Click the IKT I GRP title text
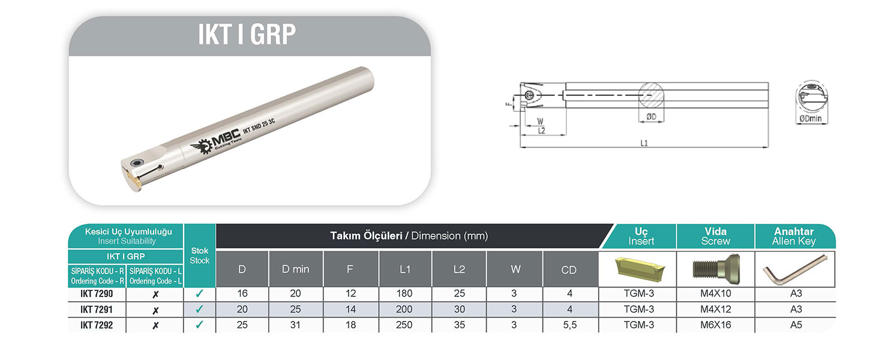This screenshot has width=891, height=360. tap(247, 35)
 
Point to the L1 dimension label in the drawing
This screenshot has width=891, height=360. tap(644, 143)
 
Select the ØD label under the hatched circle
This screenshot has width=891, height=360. tap(651, 116)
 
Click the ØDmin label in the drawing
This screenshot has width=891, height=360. tap(811, 119)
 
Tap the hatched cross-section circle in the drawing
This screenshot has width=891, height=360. tap(651, 96)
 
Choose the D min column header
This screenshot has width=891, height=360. tap(296, 269)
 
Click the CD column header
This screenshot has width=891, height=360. tap(569, 270)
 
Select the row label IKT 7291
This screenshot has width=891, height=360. tap(97, 310)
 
